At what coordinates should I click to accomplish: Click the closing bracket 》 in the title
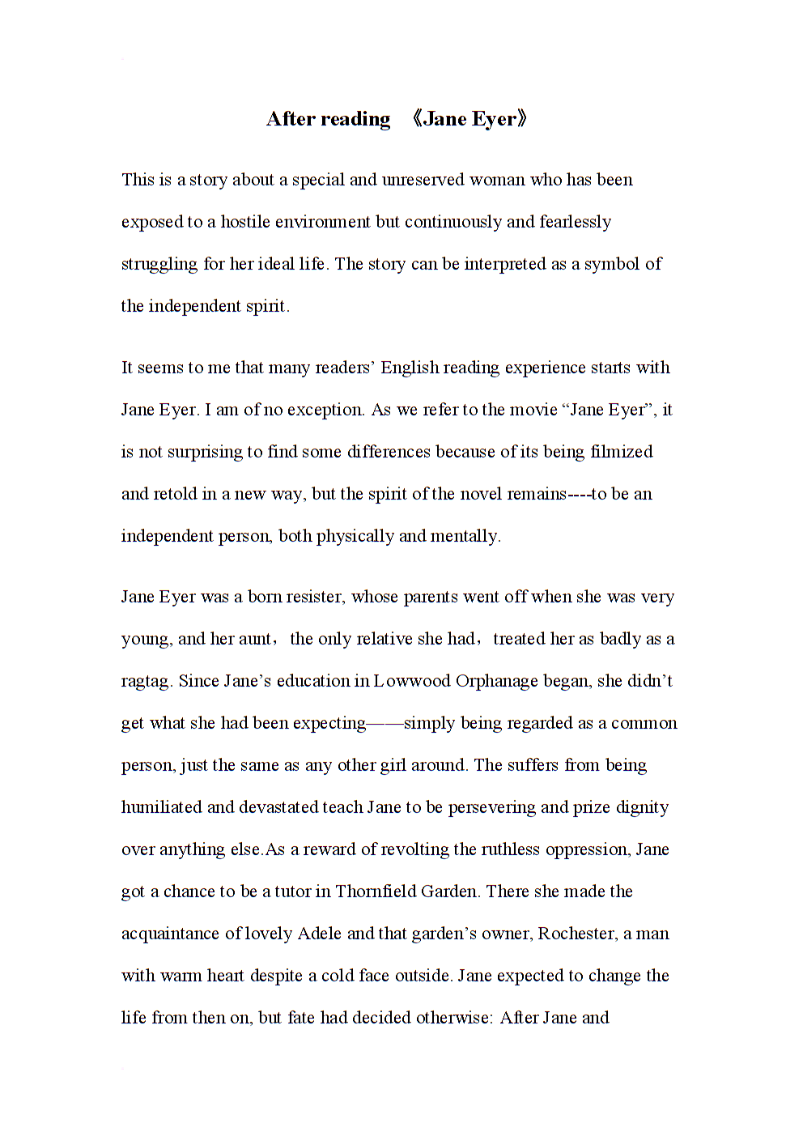coord(522,119)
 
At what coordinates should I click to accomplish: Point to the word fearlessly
coord(575,222)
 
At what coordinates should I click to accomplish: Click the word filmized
coord(621,452)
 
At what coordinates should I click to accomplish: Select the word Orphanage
coord(496,681)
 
